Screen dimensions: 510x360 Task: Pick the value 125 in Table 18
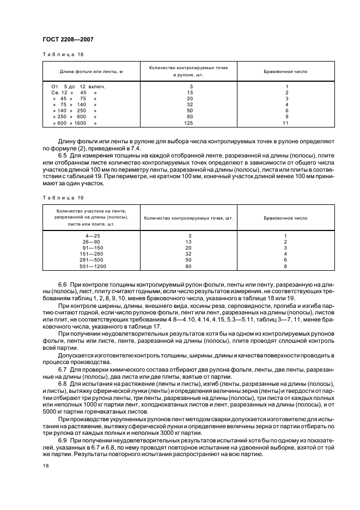189,124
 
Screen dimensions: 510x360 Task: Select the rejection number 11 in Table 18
285,124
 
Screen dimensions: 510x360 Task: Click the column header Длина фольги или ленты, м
91,71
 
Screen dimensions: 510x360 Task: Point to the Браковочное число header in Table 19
285,218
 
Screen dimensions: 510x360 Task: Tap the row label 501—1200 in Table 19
93,266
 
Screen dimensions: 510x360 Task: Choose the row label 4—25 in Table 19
93,235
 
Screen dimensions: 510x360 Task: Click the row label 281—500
93,260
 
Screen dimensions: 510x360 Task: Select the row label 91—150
93,247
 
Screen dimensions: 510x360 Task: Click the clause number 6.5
62,157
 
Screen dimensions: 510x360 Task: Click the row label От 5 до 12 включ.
78,87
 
